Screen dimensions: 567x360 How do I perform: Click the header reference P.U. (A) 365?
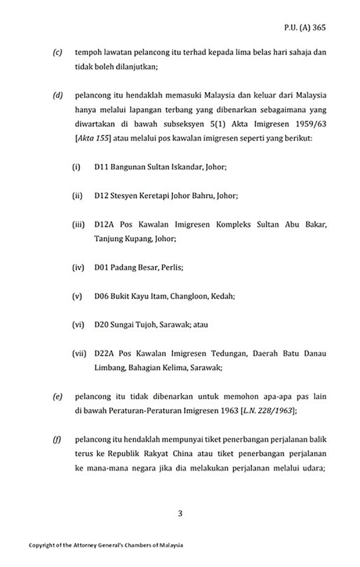point(305,27)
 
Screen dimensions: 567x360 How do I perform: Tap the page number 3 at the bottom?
point(180,513)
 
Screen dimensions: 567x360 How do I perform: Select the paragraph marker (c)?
point(57,52)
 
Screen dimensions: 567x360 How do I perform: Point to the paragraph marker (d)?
point(57,96)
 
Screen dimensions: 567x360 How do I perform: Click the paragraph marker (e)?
point(57,397)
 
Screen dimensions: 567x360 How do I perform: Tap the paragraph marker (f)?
point(57,438)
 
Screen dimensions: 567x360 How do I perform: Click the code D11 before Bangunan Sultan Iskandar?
point(100,167)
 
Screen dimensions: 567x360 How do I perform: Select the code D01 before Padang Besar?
point(101,267)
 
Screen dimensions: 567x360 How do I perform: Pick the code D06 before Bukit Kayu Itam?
point(101,296)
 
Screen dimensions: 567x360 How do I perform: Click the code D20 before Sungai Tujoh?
point(101,325)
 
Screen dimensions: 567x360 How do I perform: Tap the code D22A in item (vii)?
point(103,353)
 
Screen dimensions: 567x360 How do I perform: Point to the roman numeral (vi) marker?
point(78,325)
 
